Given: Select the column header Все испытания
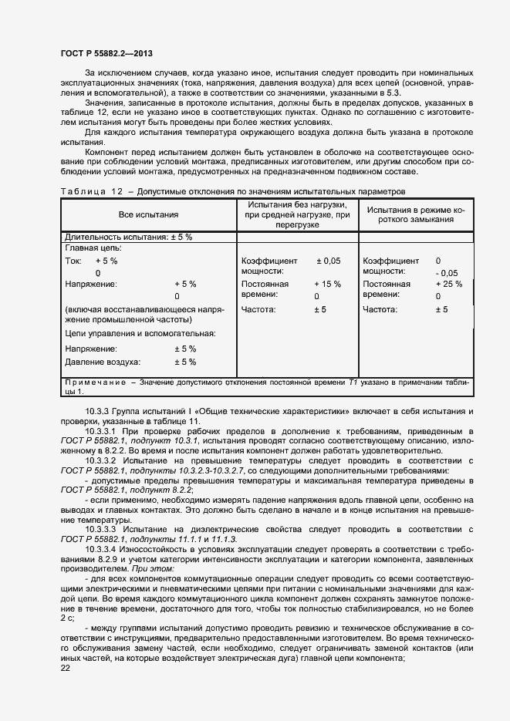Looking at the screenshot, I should tap(148, 215).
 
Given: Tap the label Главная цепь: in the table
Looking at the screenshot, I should tap(93, 248).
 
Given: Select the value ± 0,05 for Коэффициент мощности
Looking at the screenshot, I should tap(328, 261).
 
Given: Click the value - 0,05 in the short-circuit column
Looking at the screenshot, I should tap(446, 273).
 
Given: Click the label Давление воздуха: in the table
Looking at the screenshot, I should tap(102, 362).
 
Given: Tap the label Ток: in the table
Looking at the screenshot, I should tap(74, 261).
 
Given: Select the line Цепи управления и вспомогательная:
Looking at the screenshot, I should tap(140, 334).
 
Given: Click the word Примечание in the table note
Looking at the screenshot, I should tap(95, 382).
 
